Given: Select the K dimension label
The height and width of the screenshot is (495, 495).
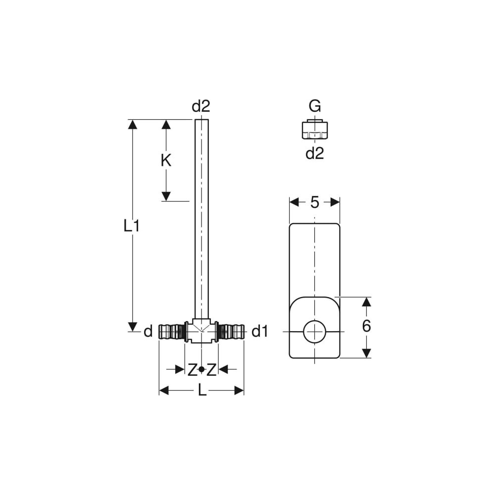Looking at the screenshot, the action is tap(166, 160).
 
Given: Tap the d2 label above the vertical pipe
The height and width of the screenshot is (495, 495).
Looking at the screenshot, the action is tap(201, 106).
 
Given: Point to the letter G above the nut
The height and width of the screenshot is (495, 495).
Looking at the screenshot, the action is tap(315, 106).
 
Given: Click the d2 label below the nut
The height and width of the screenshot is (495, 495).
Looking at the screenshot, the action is tap(315, 153).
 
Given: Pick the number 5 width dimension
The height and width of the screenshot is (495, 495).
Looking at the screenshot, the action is tap(315, 202).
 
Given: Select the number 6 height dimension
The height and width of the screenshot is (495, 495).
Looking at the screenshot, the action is tap(366, 326).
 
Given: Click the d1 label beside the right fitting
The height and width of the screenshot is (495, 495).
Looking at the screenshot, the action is tap(260, 332).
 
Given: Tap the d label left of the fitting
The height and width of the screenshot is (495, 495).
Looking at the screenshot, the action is tap(148, 332).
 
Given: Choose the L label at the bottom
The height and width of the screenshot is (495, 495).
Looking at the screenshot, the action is tap(202, 391).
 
